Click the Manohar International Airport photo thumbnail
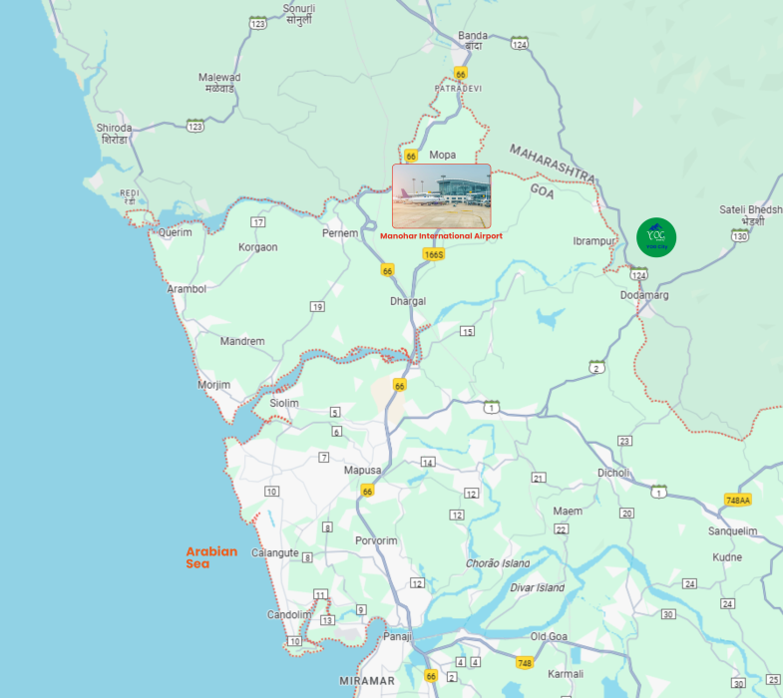[441, 196]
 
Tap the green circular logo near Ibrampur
[656, 237]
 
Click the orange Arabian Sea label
[211, 557]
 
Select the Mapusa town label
[362, 470]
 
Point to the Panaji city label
[398, 636]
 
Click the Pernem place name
[339, 232]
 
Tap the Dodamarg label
[644, 295]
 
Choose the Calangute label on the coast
[274, 552]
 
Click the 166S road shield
[433, 254]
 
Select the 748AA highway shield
[738, 500]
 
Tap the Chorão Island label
[498, 563]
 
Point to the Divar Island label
[537, 588]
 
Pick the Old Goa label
[549, 636]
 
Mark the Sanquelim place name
[733, 531]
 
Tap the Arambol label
[187, 289]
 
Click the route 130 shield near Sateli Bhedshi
[739, 235]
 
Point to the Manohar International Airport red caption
[441, 236]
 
